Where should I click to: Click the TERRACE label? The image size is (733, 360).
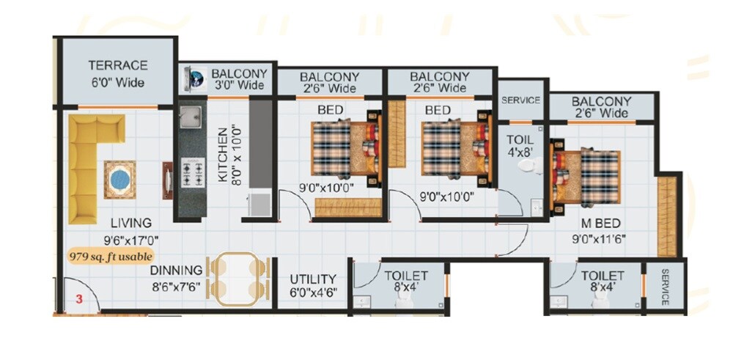pos(117,66)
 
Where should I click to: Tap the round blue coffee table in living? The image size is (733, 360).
pos(119,178)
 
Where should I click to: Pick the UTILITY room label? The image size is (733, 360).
pos(312,279)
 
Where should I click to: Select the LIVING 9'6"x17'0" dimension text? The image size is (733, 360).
pos(132,239)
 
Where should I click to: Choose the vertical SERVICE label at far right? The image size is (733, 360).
pos(665,287)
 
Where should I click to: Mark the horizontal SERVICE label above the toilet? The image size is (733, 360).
pos(520,100)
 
